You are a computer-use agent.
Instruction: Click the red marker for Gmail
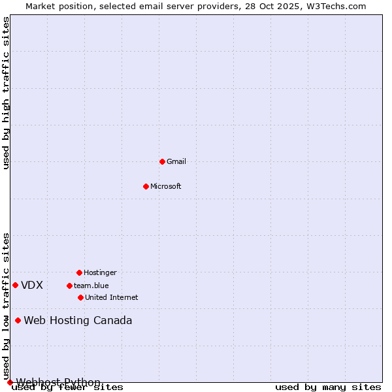[x=162, y=161]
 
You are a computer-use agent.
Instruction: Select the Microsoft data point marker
[x=146, y=186]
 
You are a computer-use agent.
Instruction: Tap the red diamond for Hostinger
[x=79, y=272]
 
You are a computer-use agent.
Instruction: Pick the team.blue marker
[x=69, y=286]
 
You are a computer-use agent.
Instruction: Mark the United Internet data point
[x=80, y=297]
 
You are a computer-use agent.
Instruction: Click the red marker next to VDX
[x=15, y=285]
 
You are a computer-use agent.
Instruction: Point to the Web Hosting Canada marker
[x=18, y=320]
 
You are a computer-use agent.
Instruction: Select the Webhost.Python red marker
[x=10, y=382]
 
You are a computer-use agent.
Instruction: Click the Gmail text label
[x=176, y=161]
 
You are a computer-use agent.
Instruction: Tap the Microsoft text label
[x=166, y=186]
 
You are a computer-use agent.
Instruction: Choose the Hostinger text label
[x=100, y=272]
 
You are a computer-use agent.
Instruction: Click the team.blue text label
[x=91, y=286]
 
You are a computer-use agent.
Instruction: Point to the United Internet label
[x=112, y=297]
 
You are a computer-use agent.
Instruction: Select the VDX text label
[x=32, y=285]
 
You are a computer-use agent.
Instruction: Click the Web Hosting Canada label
[x=78, y=320]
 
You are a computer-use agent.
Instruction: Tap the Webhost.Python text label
[x=58, y=382]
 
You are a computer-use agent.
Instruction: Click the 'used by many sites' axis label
[x=328, y=387]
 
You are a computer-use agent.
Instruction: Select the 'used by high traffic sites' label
[x=7, y=93]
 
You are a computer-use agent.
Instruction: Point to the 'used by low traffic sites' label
[x=7, y=306]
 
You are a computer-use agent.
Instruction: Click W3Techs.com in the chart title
[x=336, y=6]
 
